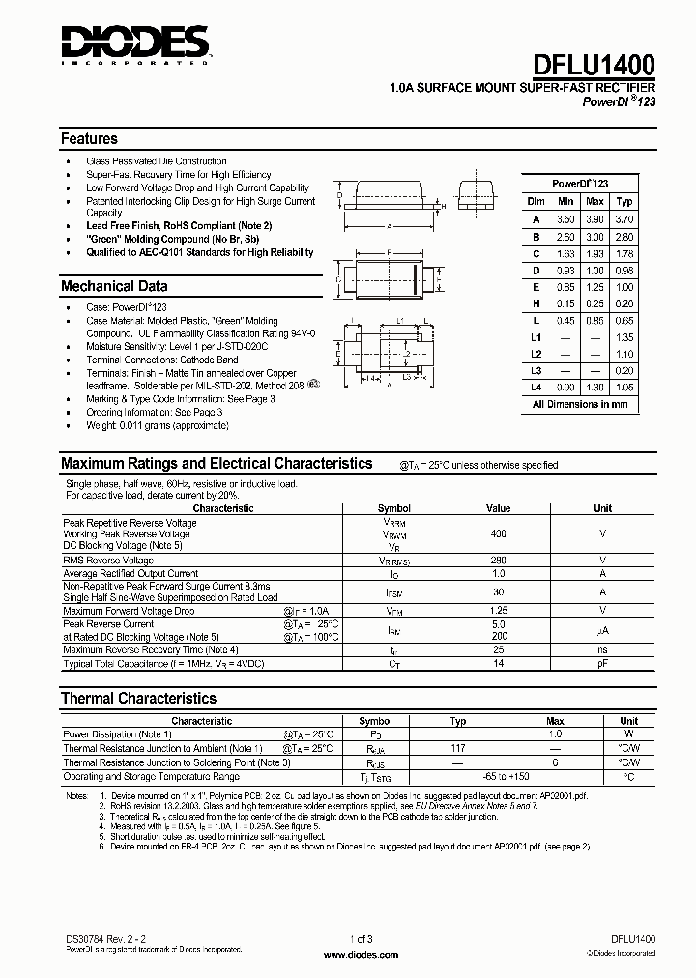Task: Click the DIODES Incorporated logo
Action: tap(134, 43)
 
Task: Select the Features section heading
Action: tap(89, 138)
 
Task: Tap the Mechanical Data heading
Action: tap(114, 286)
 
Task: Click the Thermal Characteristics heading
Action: tap(138, 698)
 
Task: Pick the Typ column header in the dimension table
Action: tap(625, 201)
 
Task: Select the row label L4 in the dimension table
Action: tap(536, 387)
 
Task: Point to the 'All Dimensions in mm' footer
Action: tap(580, 405)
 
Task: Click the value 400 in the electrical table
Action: tap(499, 534)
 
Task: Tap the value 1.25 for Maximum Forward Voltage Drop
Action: tap(499, 611)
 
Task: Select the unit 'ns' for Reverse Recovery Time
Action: tap(602, 650)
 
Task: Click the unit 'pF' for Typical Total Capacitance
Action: tap(602, 664)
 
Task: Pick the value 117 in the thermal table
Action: tap(458, 748)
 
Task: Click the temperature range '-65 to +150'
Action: tap(507, 776)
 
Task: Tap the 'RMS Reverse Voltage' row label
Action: tap(108, 560)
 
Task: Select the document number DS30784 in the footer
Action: tap(80, 938)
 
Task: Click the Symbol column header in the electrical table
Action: tap(393, 508)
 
